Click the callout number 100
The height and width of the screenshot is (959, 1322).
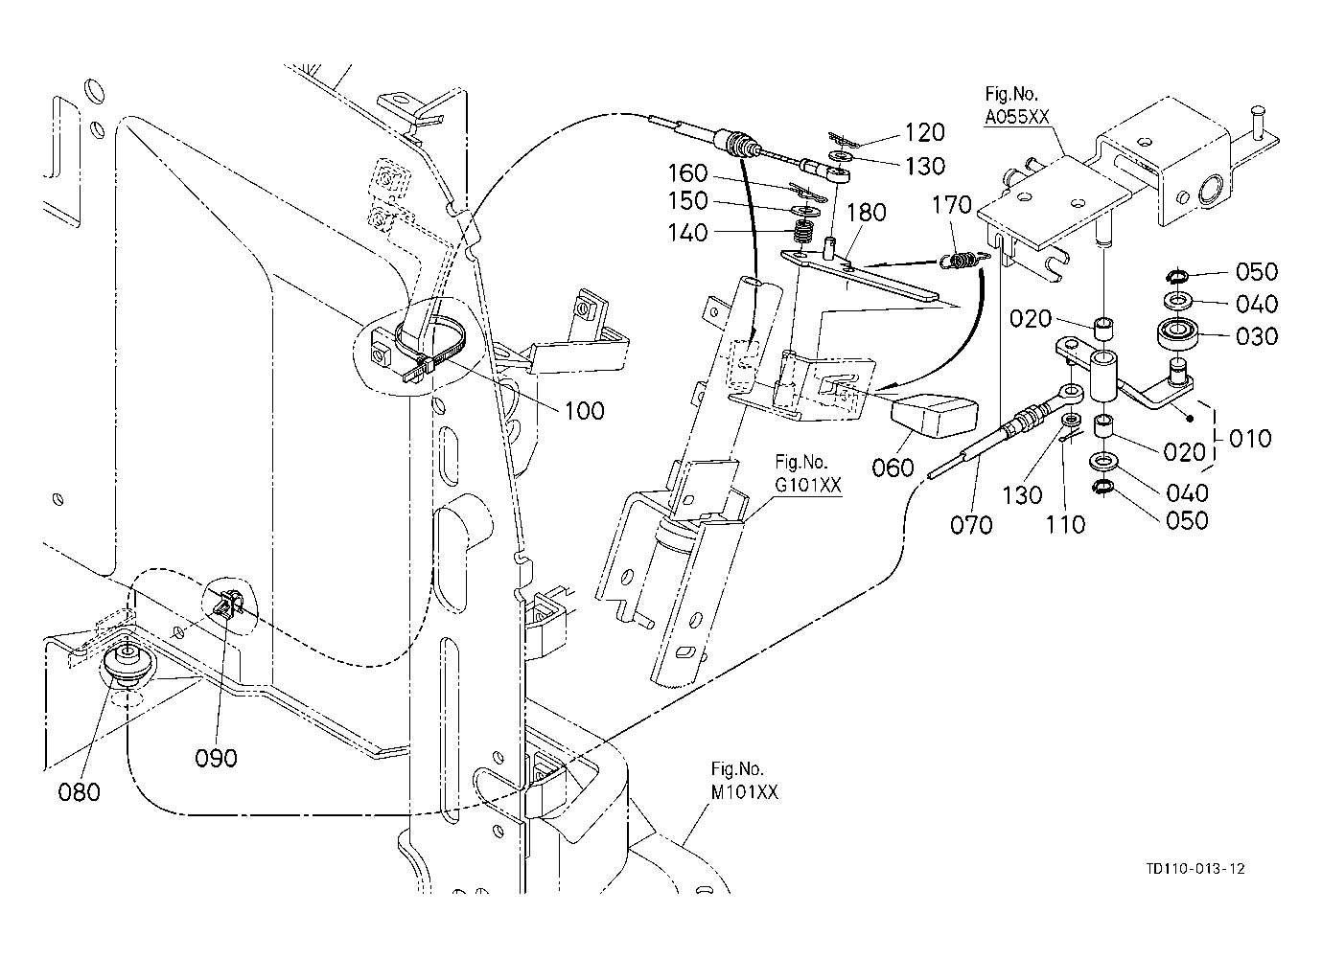coord(584,411)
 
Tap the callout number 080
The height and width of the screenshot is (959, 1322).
coord(79,792)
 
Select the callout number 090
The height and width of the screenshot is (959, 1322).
coord(216,758)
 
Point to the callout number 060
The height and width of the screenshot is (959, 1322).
coord(893,468)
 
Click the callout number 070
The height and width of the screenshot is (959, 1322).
coord(971,524)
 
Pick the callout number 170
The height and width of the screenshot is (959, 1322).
coord(951,205)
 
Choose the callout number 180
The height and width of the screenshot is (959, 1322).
coord(867,213)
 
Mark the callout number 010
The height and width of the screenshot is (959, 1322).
coord(1250,438)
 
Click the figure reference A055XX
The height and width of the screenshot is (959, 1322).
coord(1017,117)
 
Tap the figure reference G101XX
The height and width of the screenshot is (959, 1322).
coord(808,485)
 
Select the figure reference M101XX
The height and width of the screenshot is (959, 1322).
coord(744,792)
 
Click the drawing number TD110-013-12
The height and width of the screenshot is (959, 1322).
coord(1195,869)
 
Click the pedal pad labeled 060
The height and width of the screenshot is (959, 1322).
coord(934,417)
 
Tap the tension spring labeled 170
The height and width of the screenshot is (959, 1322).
coord(963,260)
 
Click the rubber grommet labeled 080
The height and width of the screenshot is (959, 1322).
coord(127,664)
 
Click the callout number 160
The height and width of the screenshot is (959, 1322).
coord(687,173)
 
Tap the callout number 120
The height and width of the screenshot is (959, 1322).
coord(925,132)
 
